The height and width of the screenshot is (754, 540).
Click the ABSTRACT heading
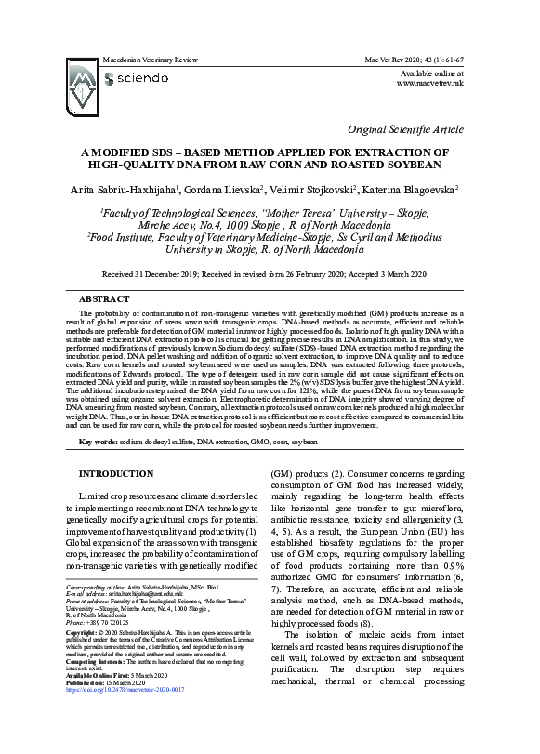pos(105,300)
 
